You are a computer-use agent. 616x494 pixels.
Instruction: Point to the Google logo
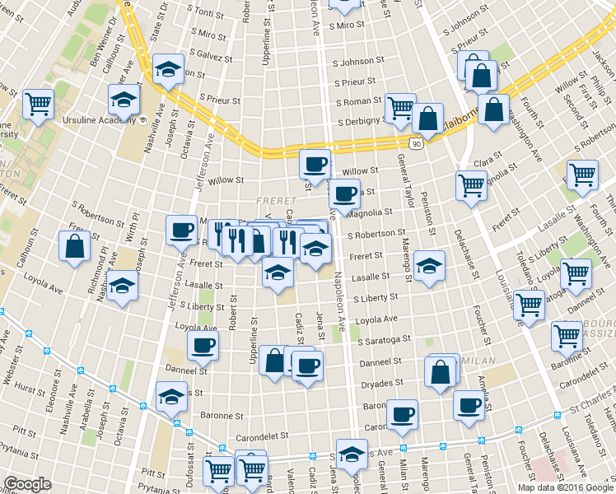tap(27, 484)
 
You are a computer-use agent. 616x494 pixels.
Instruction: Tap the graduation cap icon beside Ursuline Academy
tap(124, 100)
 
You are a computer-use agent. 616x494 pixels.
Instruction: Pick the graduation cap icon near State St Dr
tap(168, 69)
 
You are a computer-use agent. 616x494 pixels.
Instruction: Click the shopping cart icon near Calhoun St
tap(38, 104)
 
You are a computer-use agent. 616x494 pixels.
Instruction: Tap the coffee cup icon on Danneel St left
tap(203, 347)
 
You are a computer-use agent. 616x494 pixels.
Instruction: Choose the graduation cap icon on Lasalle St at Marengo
tap(429, 266)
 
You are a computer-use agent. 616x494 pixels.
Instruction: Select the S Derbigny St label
tap(357, 120)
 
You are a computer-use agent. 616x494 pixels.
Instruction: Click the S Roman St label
tap(359, 102)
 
